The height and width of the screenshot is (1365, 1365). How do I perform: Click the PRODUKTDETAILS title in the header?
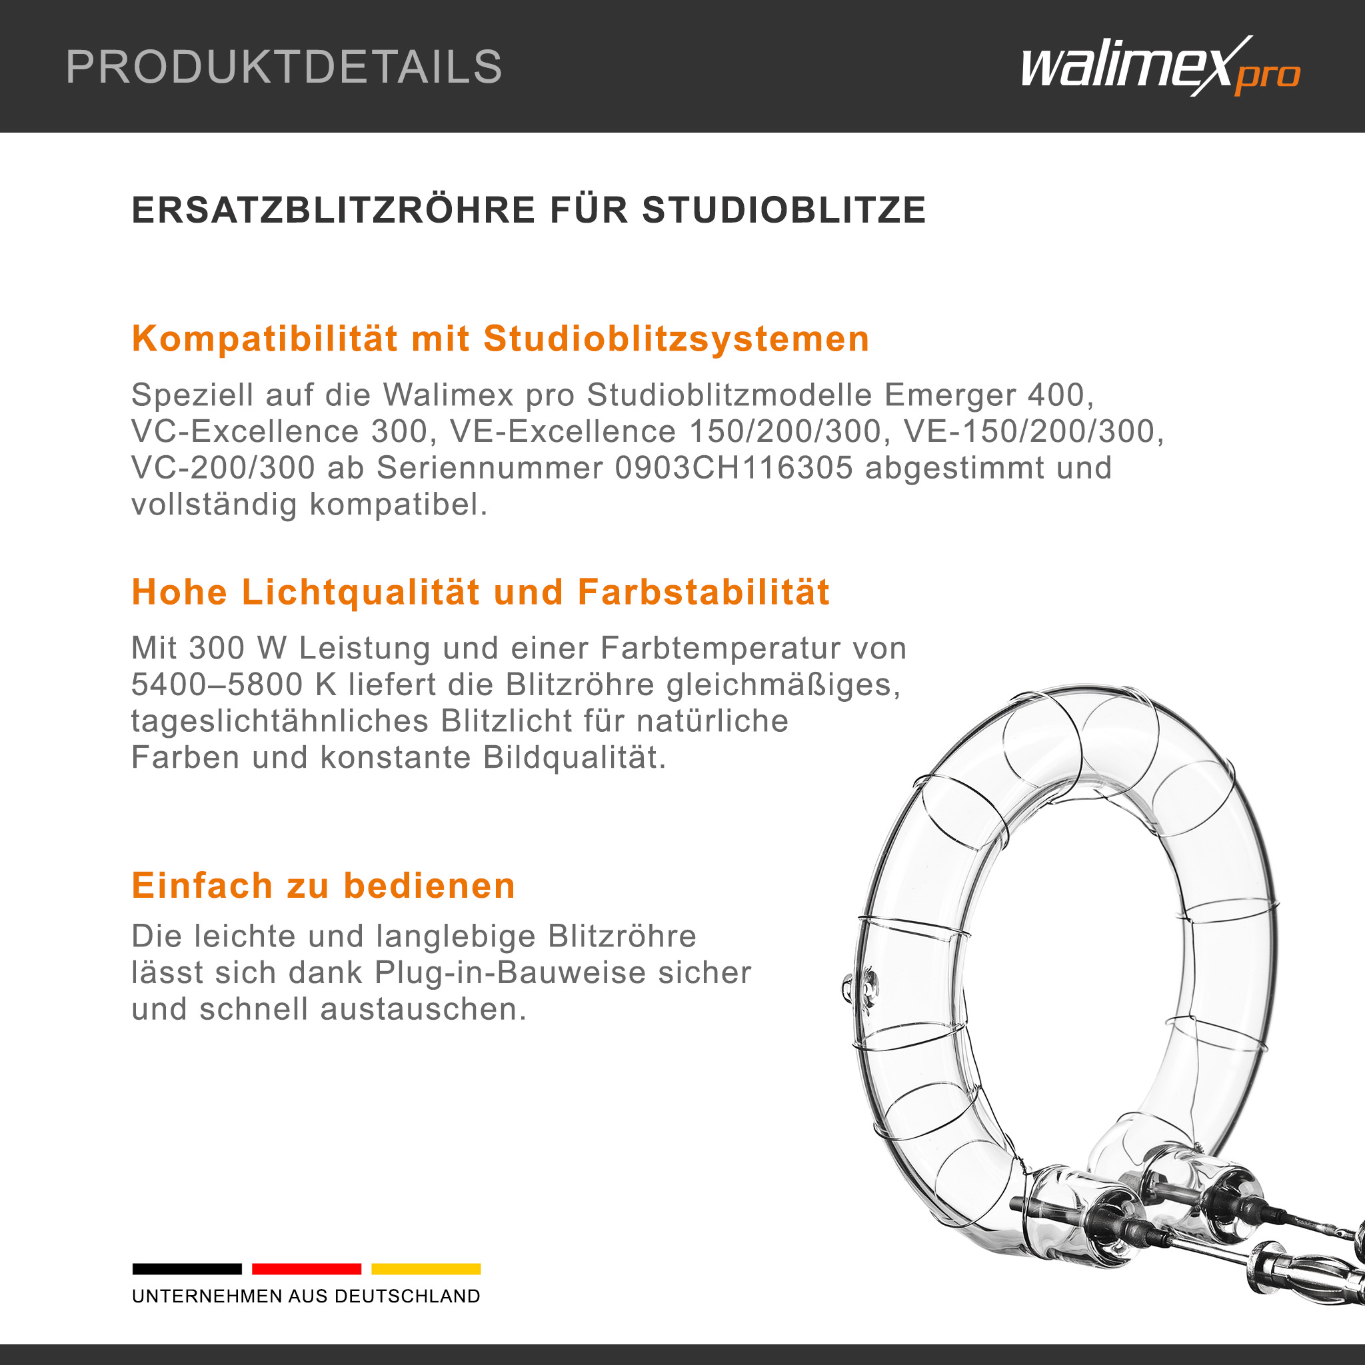coord(283,67)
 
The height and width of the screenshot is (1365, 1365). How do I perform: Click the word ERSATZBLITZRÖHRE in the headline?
coord(333,210)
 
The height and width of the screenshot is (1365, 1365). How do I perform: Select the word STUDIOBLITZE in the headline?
coord(784,210)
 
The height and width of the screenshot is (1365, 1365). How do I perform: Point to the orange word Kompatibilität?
coord(264,339)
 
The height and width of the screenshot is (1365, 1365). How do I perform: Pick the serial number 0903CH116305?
coord(734,468)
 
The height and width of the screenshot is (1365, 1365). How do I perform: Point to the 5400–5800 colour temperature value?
coord(217,684)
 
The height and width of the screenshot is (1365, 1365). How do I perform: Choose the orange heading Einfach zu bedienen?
coord(323,885)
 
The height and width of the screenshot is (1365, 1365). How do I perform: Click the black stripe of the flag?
coord(187,1269)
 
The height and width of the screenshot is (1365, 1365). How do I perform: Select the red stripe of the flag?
coord(307,1269)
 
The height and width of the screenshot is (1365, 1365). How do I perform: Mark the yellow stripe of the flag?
coord(426,1269)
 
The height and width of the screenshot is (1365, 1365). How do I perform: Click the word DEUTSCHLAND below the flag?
coord(407,1296)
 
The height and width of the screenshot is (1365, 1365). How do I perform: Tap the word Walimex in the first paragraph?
coord(449,395)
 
